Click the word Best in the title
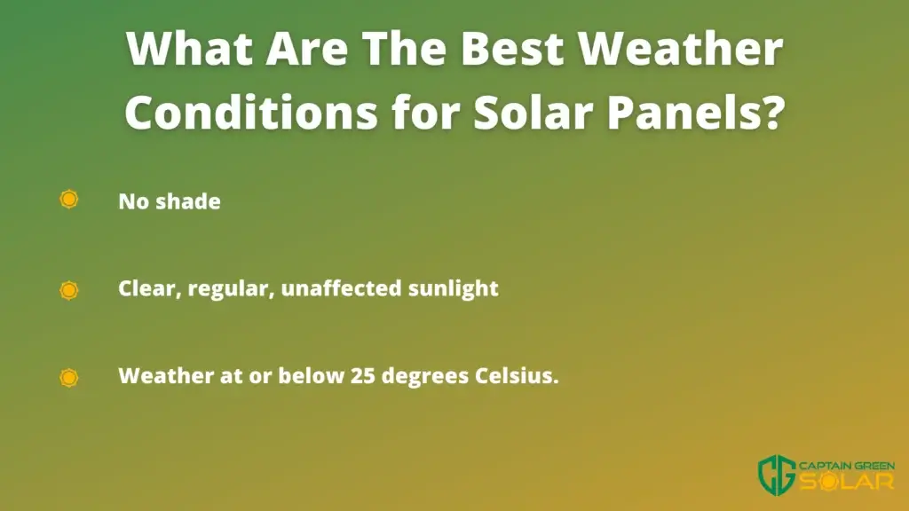[512, 48]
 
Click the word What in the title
[189, 48]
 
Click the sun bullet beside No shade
[69, 200]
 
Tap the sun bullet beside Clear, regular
[69, 290]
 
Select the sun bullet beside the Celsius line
[69, 377]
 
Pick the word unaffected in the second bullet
[341, 288]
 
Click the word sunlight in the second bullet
[454, 289]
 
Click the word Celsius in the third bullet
[517, 375]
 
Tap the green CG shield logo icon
[777, 475]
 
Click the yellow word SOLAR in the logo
[847, 481]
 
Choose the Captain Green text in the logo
[847, 466]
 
